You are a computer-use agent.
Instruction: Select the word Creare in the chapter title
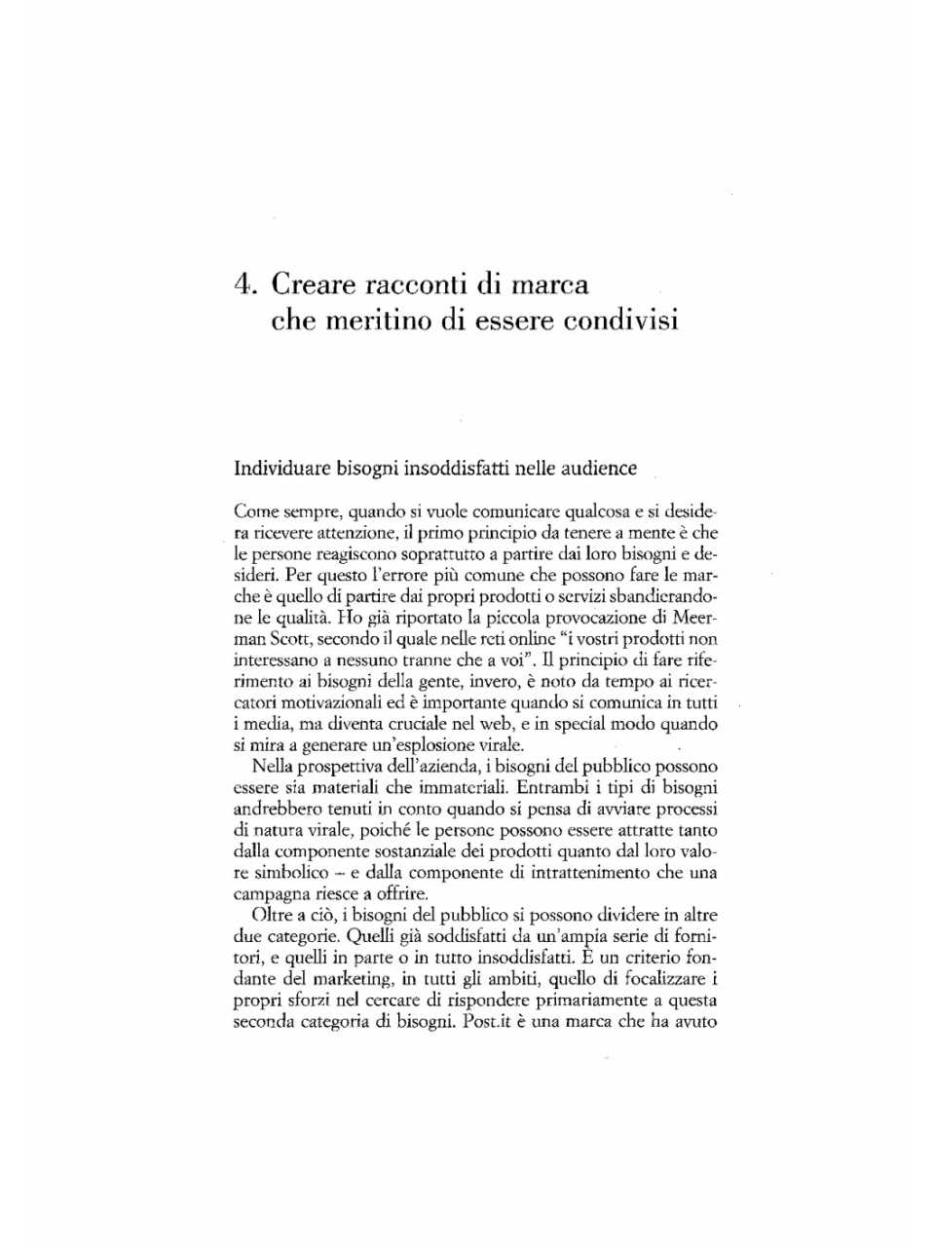tap(313, 284)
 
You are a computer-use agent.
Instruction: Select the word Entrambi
tap(546, 788)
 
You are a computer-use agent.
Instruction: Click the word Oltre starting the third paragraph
tap(272, 916)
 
